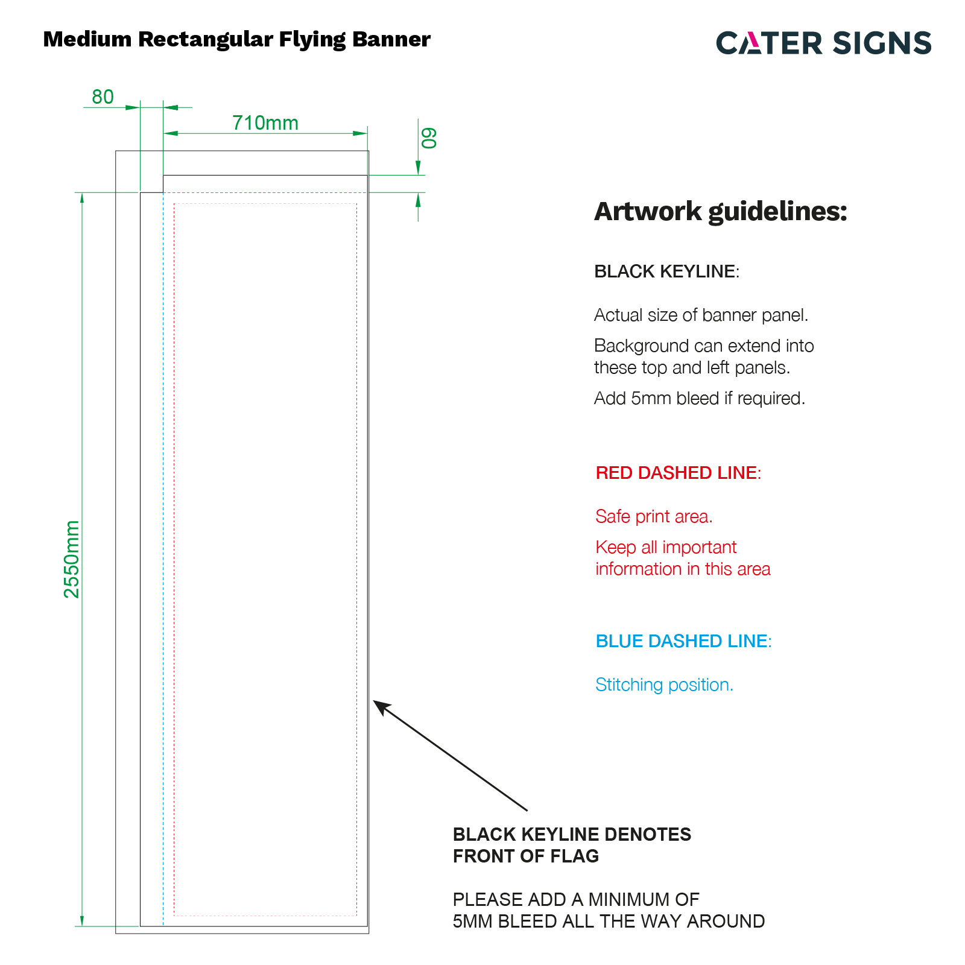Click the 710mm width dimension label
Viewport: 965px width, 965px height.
(265, 123)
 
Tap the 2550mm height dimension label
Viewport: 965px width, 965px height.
(72, 559)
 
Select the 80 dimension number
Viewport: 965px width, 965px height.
(103, 96)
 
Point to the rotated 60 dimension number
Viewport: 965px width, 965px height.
(429, 138)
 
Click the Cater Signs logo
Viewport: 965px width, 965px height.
(824, 43)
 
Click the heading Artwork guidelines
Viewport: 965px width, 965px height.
(721, 212)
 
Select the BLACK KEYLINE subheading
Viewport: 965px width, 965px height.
(666, 271)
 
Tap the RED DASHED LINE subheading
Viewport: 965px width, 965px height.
(679, 473)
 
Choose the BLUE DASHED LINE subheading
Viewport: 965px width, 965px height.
(683, 641)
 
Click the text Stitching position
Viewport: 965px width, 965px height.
(664, 685)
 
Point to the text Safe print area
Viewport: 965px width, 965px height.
(654, 516)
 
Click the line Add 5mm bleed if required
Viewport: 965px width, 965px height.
(700, 398)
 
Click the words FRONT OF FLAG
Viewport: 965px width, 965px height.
(526, 856)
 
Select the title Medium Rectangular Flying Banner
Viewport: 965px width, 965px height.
(237, 39)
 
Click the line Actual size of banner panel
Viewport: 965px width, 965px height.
(701, 315)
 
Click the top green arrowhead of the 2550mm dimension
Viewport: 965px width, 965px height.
(82, 200)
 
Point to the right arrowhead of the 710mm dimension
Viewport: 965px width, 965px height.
(360, 133)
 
